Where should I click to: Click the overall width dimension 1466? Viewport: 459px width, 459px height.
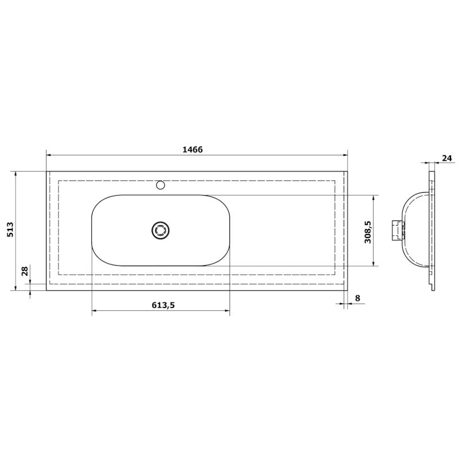click(x=192, y=150)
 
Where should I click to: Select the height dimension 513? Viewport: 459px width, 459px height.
click(x=10, y=229)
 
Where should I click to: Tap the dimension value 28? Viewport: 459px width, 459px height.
click(x=25, y=271)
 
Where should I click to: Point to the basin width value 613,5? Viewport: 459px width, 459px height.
click(x=163, y=305)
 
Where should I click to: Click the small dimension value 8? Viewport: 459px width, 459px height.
click(x=357, y=298)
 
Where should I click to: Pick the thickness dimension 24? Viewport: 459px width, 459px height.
click(x=447, y=158)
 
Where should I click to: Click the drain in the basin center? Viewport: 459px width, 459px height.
click(x=161, y=230)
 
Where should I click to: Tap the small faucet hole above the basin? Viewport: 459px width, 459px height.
click(x=161, y=185)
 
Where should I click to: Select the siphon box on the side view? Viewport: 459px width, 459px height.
click(x=398, y=231)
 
